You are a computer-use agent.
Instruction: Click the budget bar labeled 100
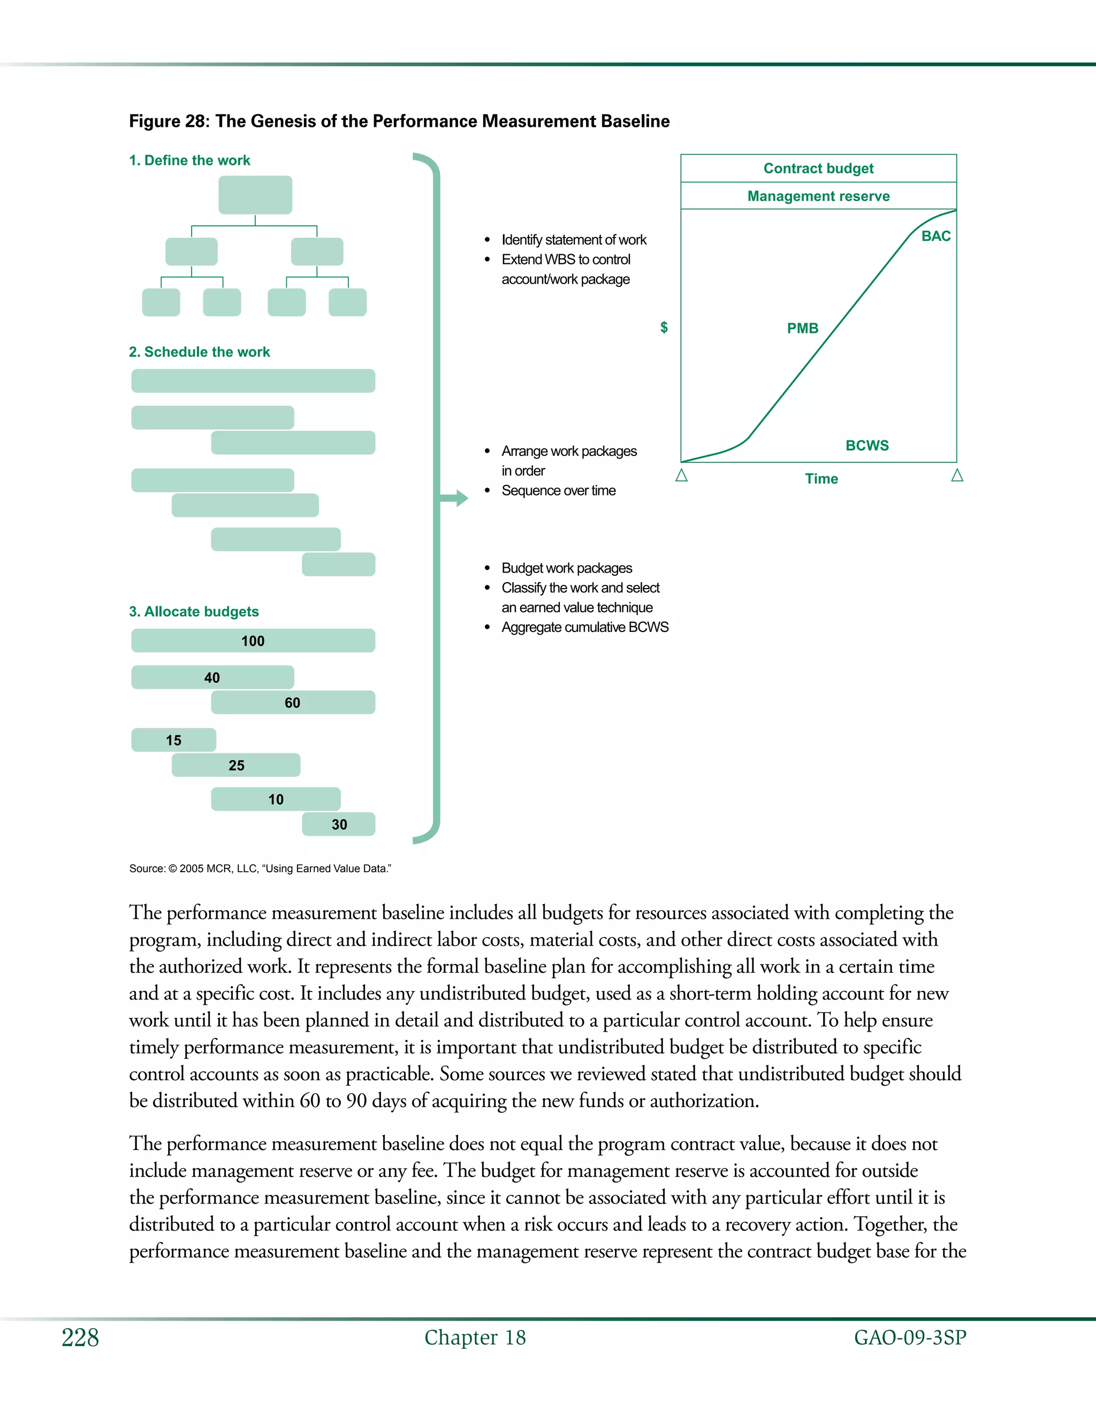[253, 641]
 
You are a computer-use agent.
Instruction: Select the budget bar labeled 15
[173, 740]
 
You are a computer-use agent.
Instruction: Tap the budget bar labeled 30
[338, 825]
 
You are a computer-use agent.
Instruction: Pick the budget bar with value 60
[293, 703]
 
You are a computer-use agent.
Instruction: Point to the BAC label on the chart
[935, 237]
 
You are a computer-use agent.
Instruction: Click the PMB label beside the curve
[803, 329]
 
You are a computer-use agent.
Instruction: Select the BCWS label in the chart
[867, 445]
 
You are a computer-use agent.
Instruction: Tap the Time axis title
[821, 479]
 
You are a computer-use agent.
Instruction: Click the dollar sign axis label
[664, 327]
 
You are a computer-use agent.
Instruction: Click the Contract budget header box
[818, 169]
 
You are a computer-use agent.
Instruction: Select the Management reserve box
[818, 196]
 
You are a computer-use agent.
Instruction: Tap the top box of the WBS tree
[255, 195]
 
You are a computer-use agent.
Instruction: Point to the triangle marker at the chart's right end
[957, 476]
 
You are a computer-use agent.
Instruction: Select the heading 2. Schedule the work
[199, 352]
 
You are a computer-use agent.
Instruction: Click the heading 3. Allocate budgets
[194, 612]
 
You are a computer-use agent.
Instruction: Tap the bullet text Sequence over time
[558, 491]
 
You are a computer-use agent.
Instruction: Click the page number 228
[80, 1338]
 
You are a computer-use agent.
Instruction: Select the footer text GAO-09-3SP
[910, 1338]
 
